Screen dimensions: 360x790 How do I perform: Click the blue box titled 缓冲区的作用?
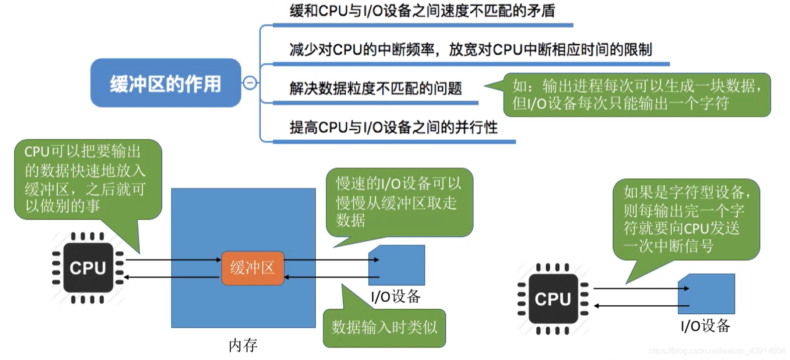(x=165, y=83)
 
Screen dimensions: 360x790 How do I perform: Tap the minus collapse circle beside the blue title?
(x=250, y=83)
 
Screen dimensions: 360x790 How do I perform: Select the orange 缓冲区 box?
(x=253, y=268)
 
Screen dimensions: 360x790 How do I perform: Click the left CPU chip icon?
(x=88, y=268)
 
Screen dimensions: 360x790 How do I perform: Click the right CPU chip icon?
(x=553, y=299)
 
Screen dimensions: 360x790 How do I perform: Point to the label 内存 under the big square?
(x=243, y=345)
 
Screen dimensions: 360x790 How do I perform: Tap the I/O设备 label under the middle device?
(x=396, y=297)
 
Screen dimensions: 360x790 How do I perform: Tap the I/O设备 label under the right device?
(x=705, y=326)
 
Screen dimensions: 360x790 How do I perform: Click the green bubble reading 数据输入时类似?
(x=384, y=328)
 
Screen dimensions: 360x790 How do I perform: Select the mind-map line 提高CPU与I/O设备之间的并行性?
(x=393, y=128)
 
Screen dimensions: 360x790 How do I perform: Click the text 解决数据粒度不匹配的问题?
(x=375, y=89)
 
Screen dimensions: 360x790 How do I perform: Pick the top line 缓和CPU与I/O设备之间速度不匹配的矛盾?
(x=422, y=11)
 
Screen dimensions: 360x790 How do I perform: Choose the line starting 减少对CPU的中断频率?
(x=470, y=50)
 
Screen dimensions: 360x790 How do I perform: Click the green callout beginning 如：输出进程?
(x=637, y=95)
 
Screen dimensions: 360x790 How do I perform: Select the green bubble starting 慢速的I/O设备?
(x=399, y=202)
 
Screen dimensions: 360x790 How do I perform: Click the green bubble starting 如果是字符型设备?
(x=686, y=219)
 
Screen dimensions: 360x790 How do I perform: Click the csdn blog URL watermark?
(x=717, y=351)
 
